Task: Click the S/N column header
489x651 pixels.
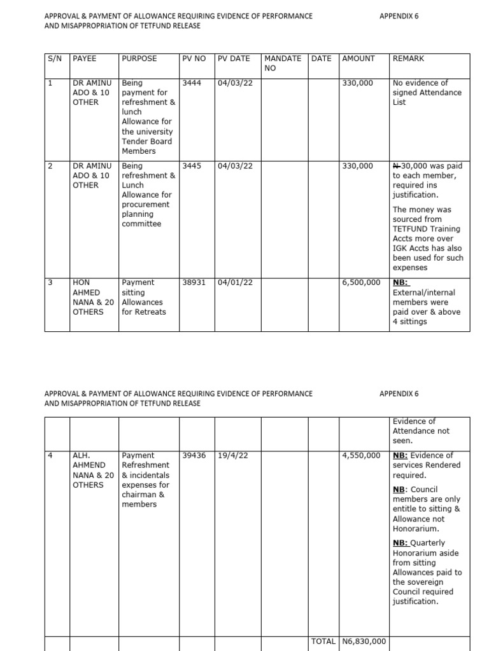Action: point(54,58)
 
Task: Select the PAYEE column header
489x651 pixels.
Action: point(85,58)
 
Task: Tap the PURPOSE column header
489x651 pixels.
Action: point(139,58)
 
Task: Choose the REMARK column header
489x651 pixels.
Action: point(409,58)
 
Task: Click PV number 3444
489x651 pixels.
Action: point(192,83)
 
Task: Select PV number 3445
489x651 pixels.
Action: point(192,166)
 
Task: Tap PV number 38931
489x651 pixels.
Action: point(194,282)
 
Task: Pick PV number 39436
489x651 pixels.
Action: point(194,456)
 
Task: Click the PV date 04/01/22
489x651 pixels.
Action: point(235,282)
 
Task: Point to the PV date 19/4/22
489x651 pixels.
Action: point(232,456)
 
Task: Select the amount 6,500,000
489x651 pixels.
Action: point(362,282)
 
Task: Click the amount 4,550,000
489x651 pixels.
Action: point(362,456)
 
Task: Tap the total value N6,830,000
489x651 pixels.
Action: point(364,641)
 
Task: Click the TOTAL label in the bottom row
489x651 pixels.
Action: point(323,641)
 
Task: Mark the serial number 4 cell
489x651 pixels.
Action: point(51,456)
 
